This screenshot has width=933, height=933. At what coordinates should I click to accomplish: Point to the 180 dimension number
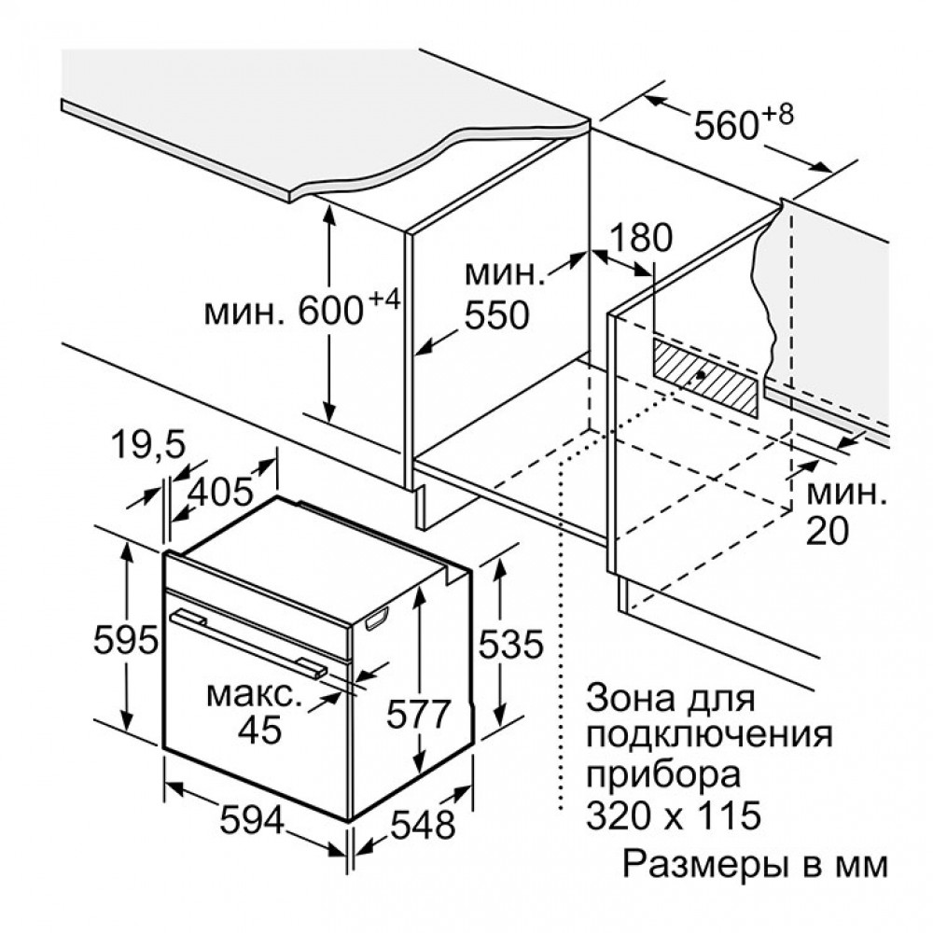(642, 237)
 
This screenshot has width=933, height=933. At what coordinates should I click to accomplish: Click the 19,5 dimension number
(141, 445)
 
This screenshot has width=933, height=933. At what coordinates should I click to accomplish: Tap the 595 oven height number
(126, 640)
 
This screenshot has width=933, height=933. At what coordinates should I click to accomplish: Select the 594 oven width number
(252, 822)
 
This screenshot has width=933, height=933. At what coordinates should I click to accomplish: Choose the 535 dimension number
(511, 644)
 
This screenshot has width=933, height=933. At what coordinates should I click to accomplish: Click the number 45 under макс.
(259, 730)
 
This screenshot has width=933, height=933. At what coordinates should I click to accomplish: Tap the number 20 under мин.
(827, 531)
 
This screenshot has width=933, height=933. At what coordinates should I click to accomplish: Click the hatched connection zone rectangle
(706, 377)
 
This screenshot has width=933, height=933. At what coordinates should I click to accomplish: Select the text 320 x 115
(674, 815)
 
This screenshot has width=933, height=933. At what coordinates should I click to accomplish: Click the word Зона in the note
(631, 698)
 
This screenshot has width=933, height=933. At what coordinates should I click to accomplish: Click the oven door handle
(247, 643)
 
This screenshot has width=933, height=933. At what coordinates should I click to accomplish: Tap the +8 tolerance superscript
(776, 114)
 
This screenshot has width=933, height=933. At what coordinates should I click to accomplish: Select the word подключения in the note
(709, 736)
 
